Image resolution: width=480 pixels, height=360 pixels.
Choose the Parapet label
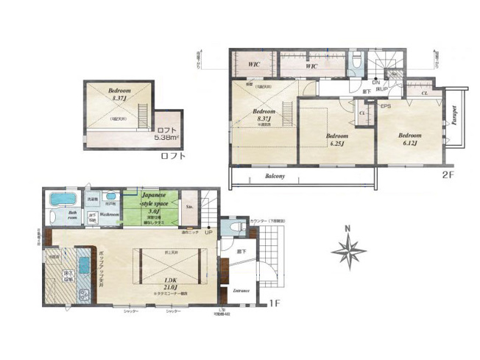coord(454,117)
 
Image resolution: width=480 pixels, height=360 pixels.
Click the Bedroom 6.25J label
coord(338,141)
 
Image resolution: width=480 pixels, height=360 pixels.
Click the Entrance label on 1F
coord(241,290)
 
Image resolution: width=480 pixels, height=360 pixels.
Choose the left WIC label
coord(254,65)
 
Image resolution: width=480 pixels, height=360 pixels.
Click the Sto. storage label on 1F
coord(188,208)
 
